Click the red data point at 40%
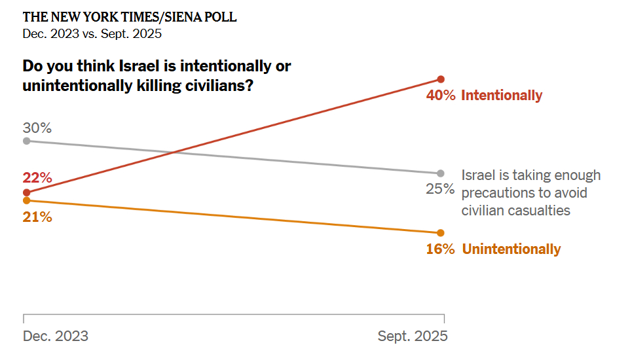[x=441, y=79]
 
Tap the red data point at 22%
[x=26, y=192]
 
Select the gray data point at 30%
[x=26, y=141]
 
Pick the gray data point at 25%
[x=441, y=173]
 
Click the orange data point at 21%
[x=26, y=200]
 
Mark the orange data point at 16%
[x=441, y=233]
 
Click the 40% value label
[x=440, y=96]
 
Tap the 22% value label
[x=37, y=177]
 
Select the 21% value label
[x=37, y=217]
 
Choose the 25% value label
[x=440, y=189]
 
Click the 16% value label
[x=440, y=249]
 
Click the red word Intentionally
[x=502, y=96]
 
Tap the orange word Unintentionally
[x=511, y=249]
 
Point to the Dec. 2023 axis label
[x=56, y=336]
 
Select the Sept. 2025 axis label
[x=413, y=336]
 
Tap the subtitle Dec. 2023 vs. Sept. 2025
[x=92, y=34]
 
